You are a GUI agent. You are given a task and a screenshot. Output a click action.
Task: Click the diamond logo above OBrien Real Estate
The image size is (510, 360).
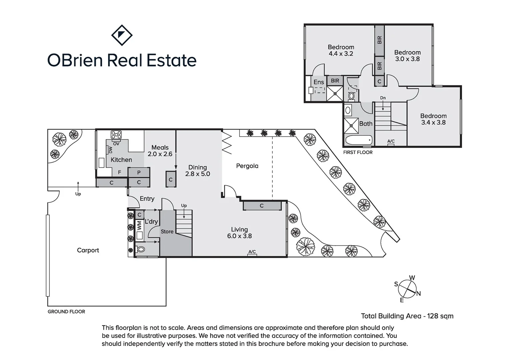(x=121, y=35)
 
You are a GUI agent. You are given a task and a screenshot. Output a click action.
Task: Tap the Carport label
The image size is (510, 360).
(x=88, y=250)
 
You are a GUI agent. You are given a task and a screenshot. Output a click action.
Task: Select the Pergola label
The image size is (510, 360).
(x=247, y=166)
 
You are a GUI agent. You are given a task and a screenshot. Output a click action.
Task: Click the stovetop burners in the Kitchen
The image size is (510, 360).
(x=116, y=135)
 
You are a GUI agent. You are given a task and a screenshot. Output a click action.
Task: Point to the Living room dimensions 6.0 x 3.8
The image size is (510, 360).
(x=239, y=236)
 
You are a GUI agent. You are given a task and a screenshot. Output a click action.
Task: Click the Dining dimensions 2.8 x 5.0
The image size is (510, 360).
(x=197, y=174)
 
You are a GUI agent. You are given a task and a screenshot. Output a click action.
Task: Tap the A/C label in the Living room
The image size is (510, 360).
(x=252, y=252)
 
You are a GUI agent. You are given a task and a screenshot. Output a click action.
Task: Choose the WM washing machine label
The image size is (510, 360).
(x=139, y=226)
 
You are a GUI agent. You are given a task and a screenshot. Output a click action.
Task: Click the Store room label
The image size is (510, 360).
(x=167, y=232)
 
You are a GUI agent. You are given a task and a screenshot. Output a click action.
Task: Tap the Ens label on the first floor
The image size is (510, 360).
(x=319, y=82)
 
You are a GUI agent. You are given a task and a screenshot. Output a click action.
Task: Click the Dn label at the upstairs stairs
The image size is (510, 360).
(x=383, y=98)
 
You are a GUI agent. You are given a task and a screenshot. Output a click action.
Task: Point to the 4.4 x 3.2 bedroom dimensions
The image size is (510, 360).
(x=341, y=54)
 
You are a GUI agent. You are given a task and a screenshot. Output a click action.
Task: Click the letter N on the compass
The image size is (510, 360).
(x=419, y=294)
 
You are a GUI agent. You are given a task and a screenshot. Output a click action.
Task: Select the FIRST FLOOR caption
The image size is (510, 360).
(x=358, y=152)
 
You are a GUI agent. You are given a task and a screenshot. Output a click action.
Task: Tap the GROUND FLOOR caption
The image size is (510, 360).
(x=66, y=312)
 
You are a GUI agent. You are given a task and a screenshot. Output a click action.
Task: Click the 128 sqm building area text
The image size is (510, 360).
(x=440, y=316)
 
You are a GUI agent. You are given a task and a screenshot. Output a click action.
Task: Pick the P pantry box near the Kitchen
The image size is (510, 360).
(x=139, y=173)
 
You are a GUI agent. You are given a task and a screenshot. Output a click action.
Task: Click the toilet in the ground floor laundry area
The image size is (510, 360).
(x=141, y=249)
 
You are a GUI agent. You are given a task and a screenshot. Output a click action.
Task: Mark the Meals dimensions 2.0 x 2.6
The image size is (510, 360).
(x=160, y=154)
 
